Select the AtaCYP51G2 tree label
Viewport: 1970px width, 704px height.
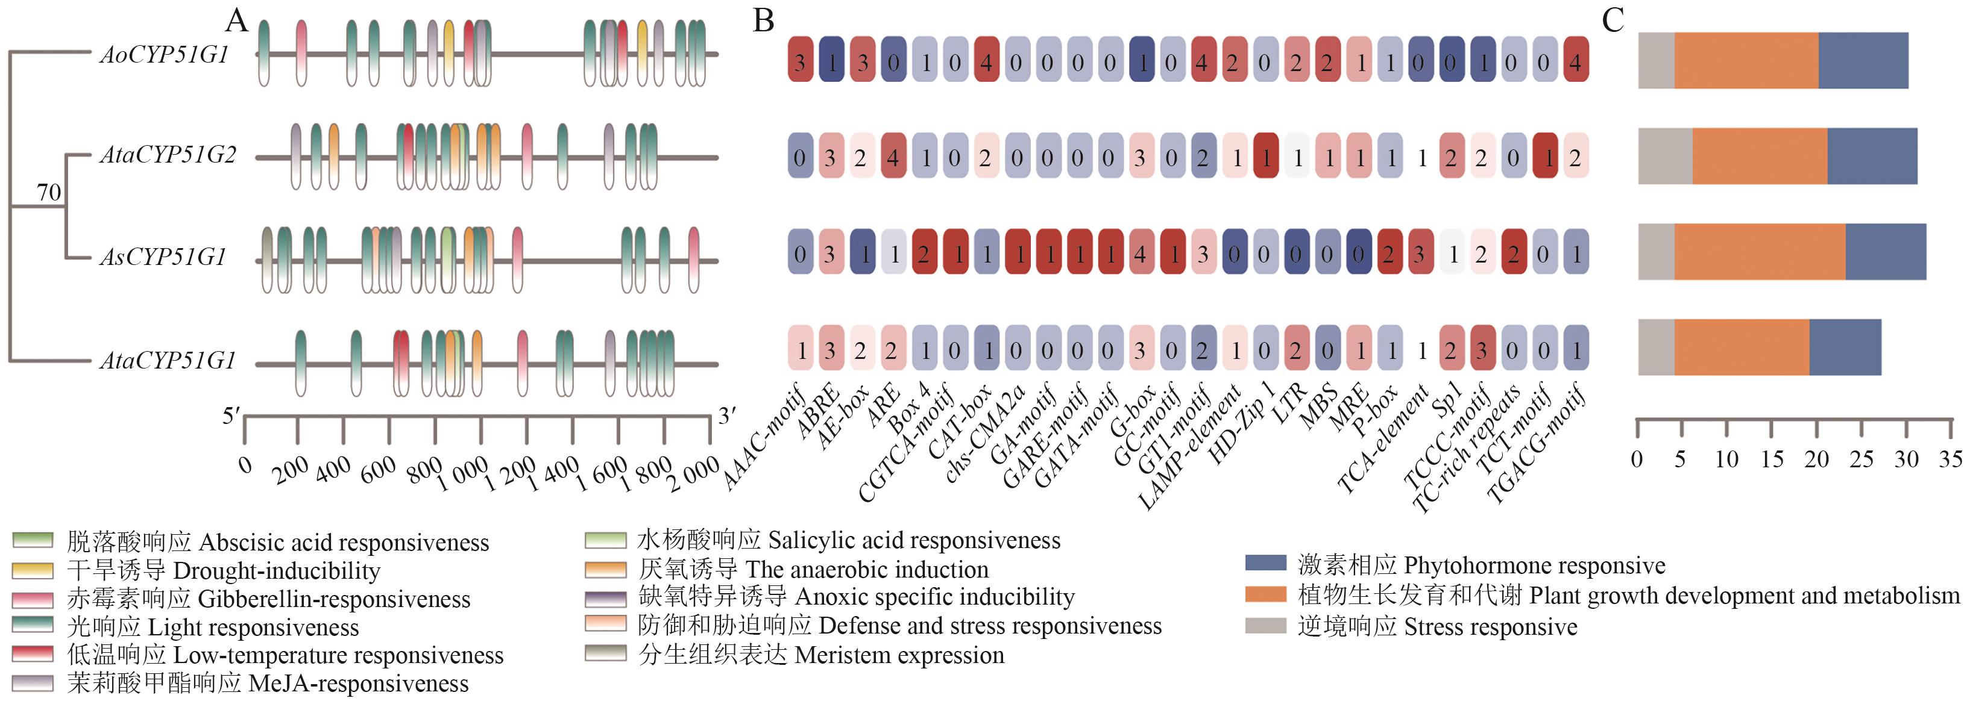click(x=168, y=155)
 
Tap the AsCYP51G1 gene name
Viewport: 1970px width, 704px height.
click(x=163, y=257)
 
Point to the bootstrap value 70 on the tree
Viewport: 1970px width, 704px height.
click(x=49, y=192)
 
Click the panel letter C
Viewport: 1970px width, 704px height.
click(x=1613, y=20)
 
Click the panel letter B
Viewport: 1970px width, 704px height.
click(x=763, y=20)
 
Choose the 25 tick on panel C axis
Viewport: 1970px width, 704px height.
click(x=1861, y=459)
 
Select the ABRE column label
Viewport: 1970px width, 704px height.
click(x=817, y=413)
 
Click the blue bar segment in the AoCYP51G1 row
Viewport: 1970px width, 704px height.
click(x=1863, y=60)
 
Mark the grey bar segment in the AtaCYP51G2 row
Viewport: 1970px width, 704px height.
click(x=1665, y=156)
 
